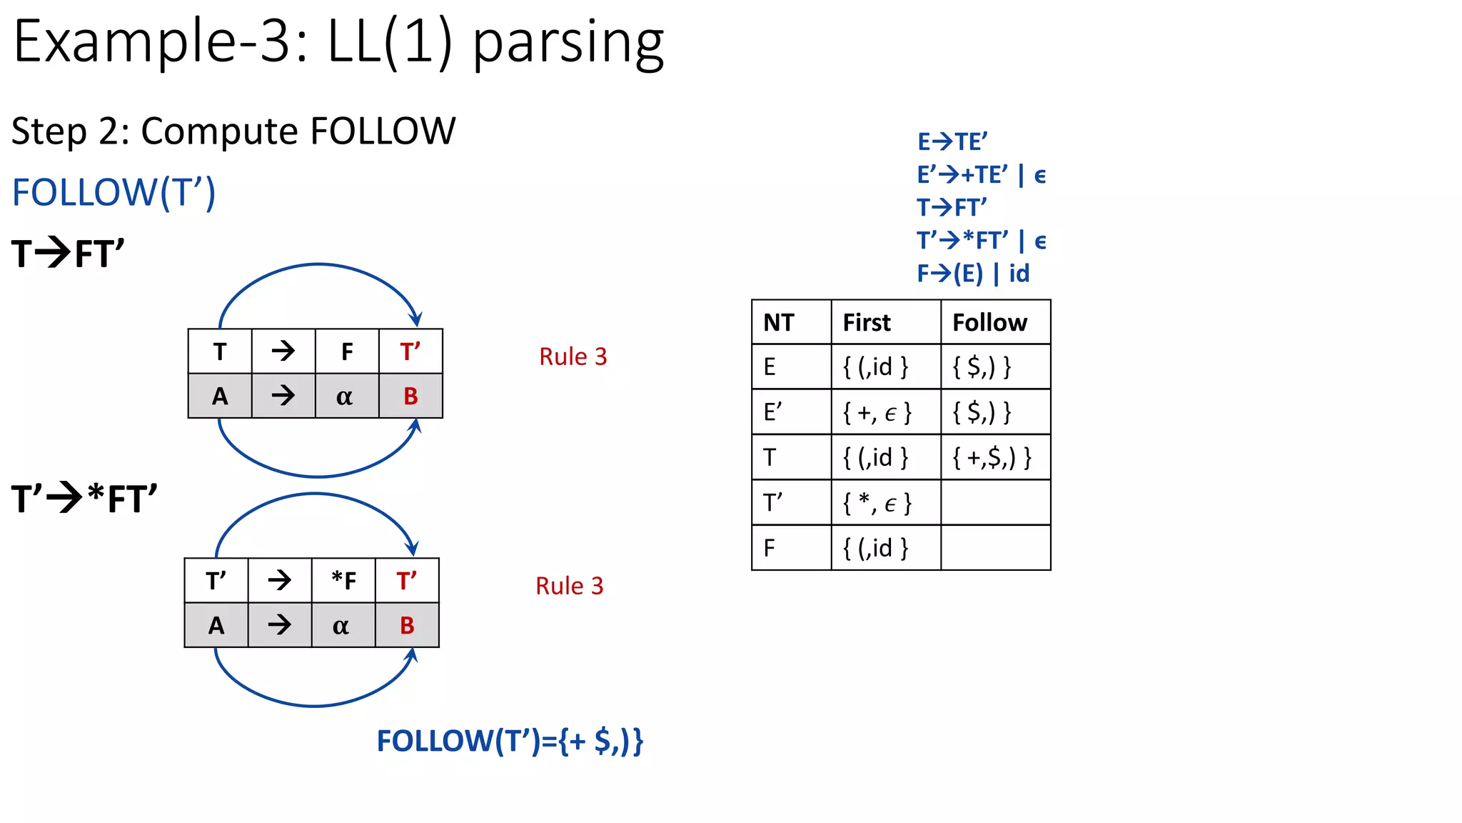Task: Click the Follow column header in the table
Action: (989, 323)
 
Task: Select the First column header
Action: (867, 323)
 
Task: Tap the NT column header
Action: (778, 323)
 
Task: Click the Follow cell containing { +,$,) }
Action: (992, 457)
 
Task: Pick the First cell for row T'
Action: (877, 503)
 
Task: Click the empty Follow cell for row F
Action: (995, 548)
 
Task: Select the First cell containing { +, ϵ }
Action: (877, 412)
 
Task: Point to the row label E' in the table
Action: (772, 412)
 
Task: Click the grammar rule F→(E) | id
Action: (973, 274)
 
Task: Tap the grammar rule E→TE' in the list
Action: (952, 141)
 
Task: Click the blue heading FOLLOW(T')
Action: (114, 193)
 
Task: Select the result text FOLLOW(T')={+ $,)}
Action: (510, 741)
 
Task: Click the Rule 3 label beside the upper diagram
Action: (573, 356)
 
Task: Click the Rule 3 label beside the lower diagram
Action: (569, 586)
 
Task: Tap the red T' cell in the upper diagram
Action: (410, 351)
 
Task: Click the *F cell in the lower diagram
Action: (343, 581)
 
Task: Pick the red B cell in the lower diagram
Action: (407, 626)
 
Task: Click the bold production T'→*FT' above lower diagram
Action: (84, 499)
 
